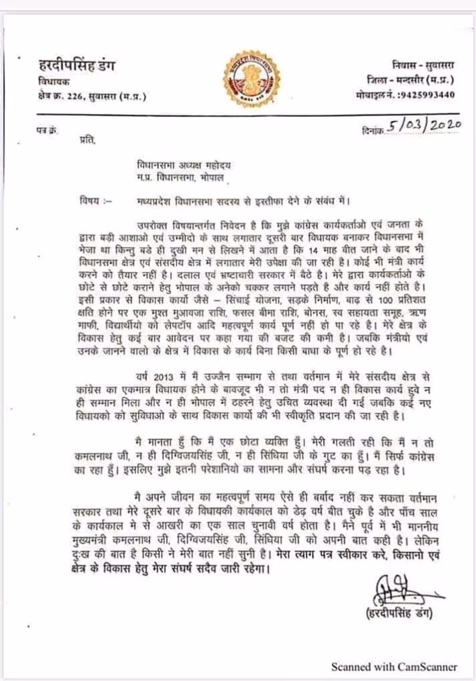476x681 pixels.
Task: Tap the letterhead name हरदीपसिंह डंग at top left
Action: (77, 66)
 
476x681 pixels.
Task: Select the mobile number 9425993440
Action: (426, 95)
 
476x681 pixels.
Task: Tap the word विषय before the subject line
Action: (90, 201)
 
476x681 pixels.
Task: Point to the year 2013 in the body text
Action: (164, 377)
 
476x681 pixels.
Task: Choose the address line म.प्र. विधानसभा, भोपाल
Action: (180, 178)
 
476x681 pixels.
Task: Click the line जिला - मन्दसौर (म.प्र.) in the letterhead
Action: (410, 80)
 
